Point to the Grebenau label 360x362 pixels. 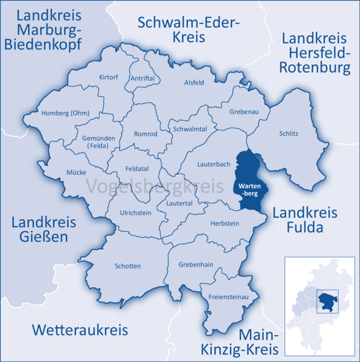244,112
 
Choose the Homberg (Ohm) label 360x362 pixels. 65,113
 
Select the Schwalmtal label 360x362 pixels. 190,129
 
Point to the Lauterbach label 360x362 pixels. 213,164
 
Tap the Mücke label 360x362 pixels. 76,172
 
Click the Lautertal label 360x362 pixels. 179,203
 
